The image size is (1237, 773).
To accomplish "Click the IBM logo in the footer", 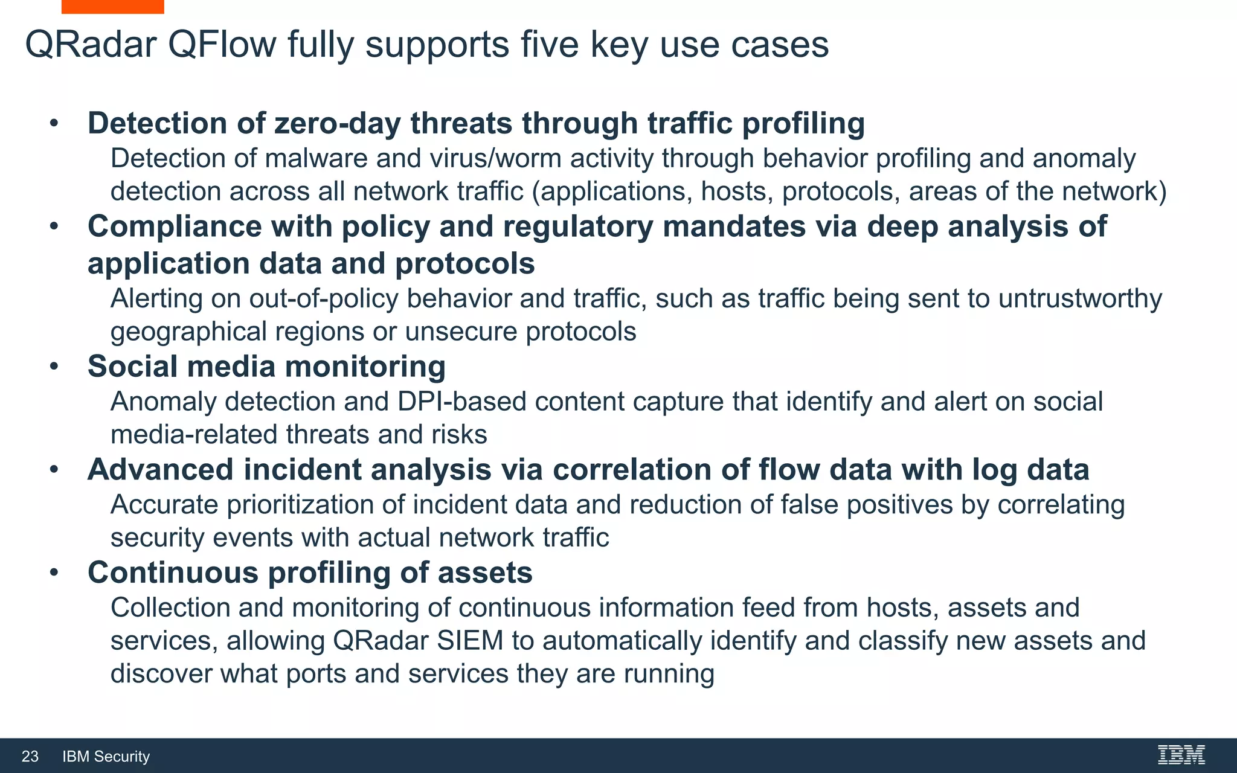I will click(x=1181, y=755).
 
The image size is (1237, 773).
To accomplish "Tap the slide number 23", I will click(x=30, y=757).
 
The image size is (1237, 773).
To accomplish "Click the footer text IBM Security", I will click(x=106, y=757).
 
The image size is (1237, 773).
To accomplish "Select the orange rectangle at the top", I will click(x=112, y=7).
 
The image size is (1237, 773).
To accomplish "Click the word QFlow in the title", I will click(x=222, y=45).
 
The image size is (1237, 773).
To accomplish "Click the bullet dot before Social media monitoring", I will click(x=54, y=367).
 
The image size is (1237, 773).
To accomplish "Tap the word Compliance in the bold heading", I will click(x=174, y=227).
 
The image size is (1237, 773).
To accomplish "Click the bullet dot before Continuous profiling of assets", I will click(x=54, y=573).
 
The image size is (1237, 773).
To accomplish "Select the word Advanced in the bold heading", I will click(x=160, y=470).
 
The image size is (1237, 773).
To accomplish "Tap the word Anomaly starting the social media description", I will click(x=163, y=402).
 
